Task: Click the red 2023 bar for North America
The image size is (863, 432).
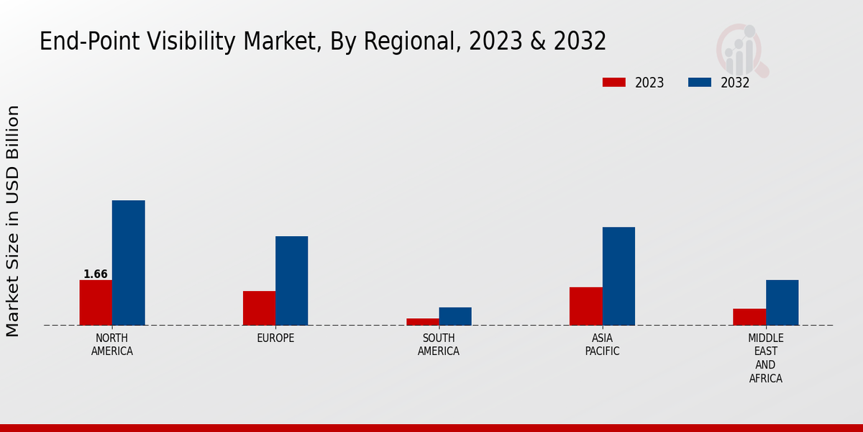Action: coord(96,302)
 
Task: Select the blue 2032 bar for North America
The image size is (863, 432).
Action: coord(128,263)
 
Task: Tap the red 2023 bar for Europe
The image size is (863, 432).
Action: coord(259,308)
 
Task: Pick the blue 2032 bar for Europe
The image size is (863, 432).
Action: coord(291,281)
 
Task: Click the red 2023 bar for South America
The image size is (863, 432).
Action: coord(422,322)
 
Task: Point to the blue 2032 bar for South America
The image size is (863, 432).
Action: coord(455,316)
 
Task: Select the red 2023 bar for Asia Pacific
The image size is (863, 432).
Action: coord(585,306)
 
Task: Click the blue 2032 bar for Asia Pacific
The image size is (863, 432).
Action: coord(618,276)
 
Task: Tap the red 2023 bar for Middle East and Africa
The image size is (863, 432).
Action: coord(749,317)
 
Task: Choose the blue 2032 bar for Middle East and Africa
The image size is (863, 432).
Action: coord(782,302)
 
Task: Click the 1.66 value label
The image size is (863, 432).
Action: coord(96,274)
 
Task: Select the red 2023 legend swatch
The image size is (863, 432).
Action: coord(613,83)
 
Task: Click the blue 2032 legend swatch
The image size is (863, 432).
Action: coord(699,83)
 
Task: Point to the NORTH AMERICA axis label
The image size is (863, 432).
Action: coord(112,345)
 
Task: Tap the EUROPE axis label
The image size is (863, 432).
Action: coord(275,338)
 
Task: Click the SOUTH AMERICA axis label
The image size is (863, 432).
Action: coord(439,345)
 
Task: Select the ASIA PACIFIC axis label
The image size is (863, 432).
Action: coord(602,345)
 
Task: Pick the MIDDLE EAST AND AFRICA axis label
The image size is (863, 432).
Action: coord(766,358)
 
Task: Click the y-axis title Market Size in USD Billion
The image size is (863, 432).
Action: coord(13,221)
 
